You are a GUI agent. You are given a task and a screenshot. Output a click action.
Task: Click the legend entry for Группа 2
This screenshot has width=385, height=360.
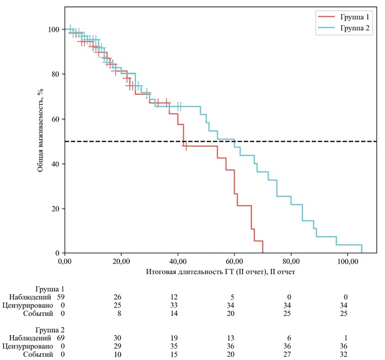pyautogui.click(x=353, y=28)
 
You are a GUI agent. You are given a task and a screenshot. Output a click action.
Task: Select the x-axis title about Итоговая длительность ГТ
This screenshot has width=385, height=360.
pyautogui.click(x=220, y=272)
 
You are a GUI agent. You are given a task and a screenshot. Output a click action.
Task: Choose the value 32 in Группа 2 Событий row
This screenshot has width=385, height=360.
pyautogui.click(x=347, y=355)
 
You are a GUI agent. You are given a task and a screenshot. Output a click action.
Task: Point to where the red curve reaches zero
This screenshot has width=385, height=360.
pyautogui.click(x=262, y=253)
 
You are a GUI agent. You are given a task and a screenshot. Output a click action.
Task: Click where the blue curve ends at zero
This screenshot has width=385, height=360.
pyautogui.click(x=361, y=253)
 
